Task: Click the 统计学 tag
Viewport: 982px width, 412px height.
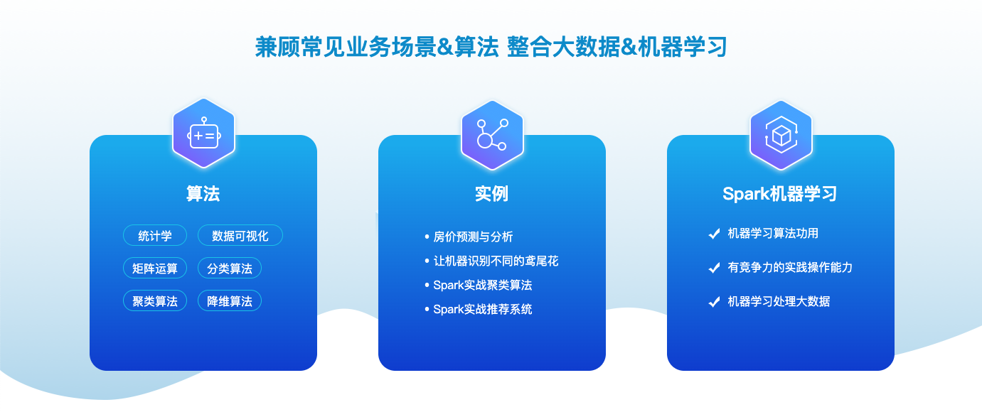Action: pos(155,236)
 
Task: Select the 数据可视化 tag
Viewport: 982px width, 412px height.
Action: pos(240,236)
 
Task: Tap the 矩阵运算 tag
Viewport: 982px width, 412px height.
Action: pos(155,268)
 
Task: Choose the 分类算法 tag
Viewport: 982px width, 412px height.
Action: pos(230,268)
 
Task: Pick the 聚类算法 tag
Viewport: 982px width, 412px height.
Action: pos(155,300)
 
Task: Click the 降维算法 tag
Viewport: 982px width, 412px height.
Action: pos(230,300)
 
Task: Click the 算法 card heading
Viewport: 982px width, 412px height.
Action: pos(203,193)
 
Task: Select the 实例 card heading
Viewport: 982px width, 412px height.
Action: pos(492,193)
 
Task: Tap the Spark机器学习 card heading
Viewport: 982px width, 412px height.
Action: pos(780,193)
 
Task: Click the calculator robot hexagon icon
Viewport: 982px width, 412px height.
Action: pos(204,134)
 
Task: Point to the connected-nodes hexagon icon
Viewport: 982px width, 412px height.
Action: pos(492,135)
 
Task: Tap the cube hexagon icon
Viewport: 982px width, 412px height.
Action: pos(781,135)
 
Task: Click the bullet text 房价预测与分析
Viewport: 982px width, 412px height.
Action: pos(473,237)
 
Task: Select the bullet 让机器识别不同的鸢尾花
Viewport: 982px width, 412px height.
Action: pos(496,261)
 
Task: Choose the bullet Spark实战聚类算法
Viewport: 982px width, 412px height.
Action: pos(483,285)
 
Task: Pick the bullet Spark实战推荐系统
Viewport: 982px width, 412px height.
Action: pos(483,309)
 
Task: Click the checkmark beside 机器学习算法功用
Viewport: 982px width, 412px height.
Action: pos(714,234)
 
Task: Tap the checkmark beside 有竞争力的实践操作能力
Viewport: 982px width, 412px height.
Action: pos(714,268)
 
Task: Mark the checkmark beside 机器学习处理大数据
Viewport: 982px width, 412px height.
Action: pos(714,302)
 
